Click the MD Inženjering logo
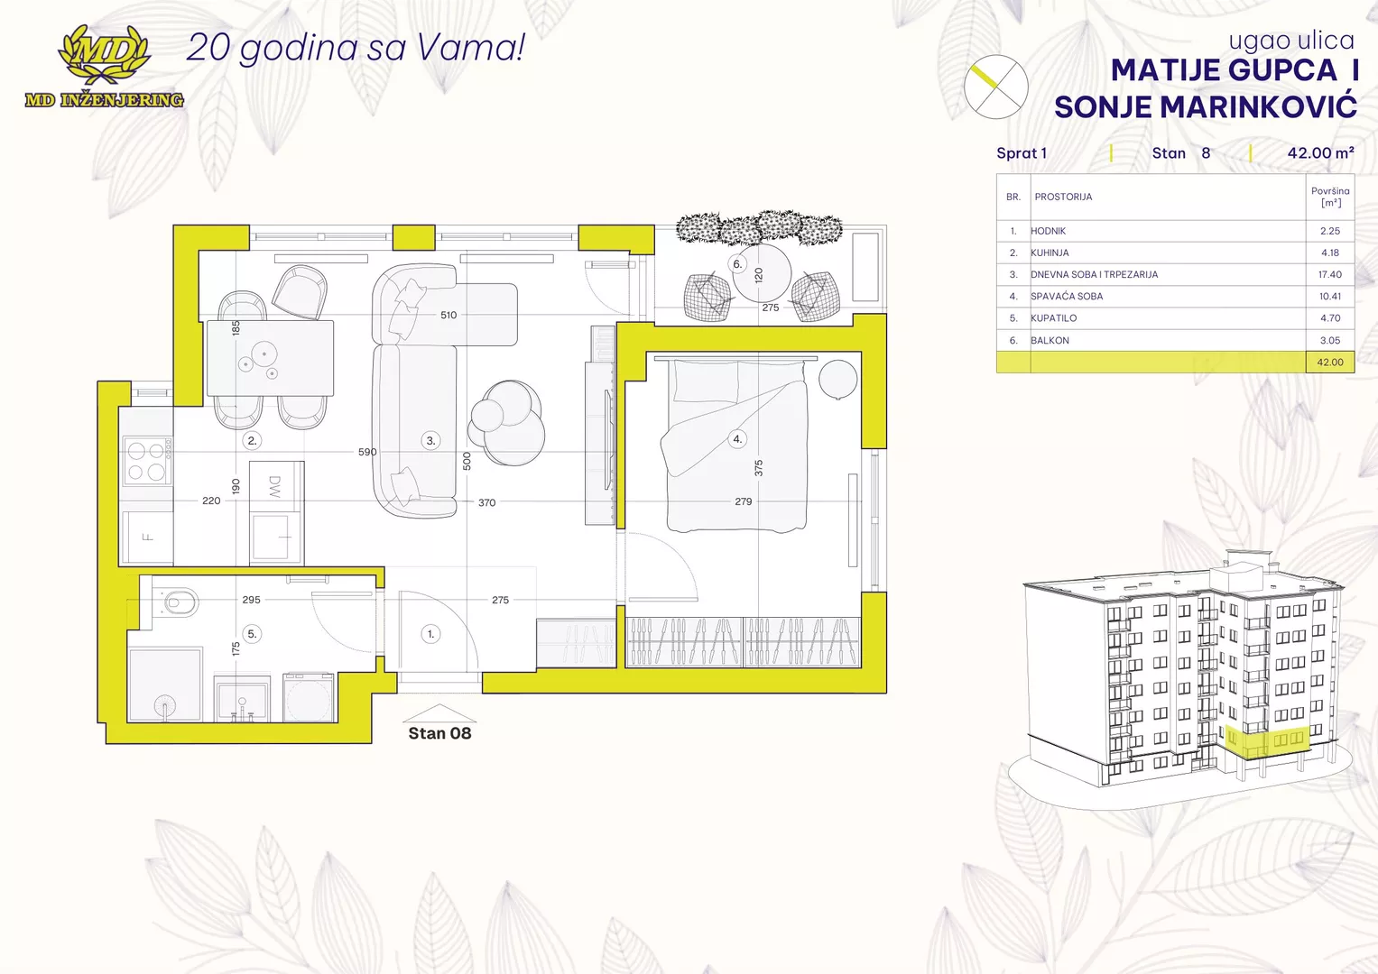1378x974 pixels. pyautogui.click(x=104, y=67)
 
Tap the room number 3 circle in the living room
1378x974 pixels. pyautogui.click(x=430, y=440)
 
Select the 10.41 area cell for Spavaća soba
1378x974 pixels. pyautogui.click(x=1329, y=297)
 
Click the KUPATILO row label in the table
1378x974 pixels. pyautogui.click(x=1053, y=317)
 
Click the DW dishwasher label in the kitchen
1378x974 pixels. pyautogui.click(x=274, y=486)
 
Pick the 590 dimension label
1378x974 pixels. pyautogui.click(x=367, y=452)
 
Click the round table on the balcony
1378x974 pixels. pyautogui.click(x=762, y=273)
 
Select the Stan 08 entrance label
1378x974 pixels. pyautogui.click(x=439, y=733)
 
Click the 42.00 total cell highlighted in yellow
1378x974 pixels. pyautogui.click(x=1329, y=363)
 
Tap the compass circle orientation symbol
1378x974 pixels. pyautogui.click(x=995, y=87)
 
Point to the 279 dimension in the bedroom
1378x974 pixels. pyautogui.click(x=743, y=501)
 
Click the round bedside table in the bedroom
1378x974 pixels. pyautogui.click(x=837, y=379)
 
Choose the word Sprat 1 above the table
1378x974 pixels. pyautogui.click(x=1022, y=153)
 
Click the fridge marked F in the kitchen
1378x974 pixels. pyautogui.click(x=147, y=538)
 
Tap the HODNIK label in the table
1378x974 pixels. pyautogui.click(x=1049, y=231)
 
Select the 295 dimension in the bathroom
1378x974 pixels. pyautogui.click(x=251, y=600)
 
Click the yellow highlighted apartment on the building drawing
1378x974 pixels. pyautogui.click(x=1266, y=741)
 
